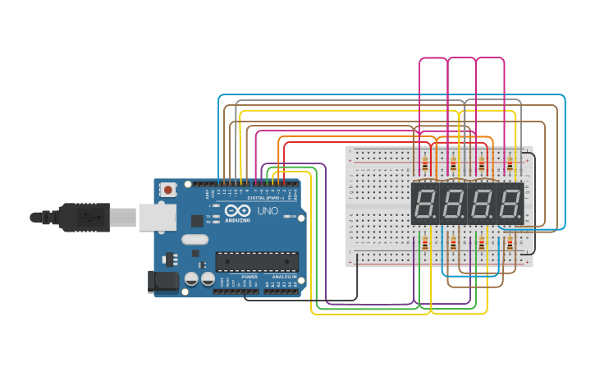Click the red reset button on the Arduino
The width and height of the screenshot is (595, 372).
[x=168, y=190]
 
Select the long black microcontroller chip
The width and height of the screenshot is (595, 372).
[x=257, y=261]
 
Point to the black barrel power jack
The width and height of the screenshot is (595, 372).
[x=162, y=282]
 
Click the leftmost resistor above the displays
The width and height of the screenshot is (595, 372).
[x=425, y=164]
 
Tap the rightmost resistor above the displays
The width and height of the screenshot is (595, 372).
[x=510, y=164]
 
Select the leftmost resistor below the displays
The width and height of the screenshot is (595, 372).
[x=425, y=243]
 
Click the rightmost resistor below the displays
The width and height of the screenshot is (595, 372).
[x=510, y=243]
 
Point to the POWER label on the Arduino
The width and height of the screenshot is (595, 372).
[x=249, y=278]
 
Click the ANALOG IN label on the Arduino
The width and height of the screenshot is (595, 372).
[x=283, y=278]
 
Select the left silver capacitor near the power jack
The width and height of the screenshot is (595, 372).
[x=191, y=279]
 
